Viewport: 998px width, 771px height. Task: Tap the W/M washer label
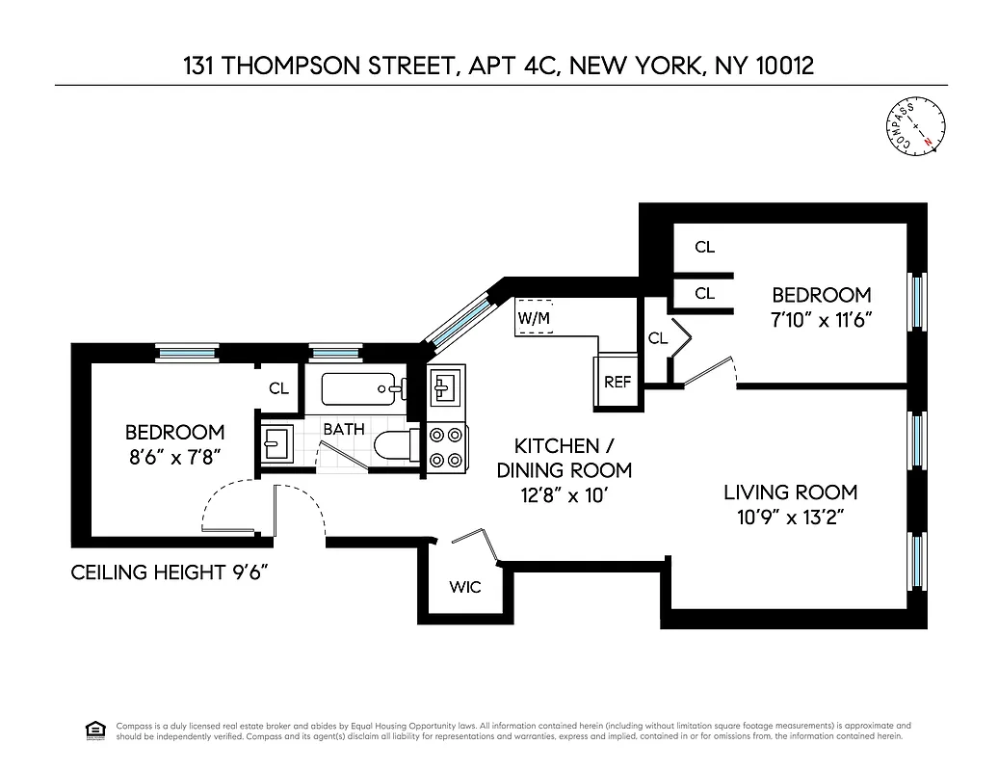pyautogui.click(x=533, y=318)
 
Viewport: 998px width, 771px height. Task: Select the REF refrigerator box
pyautogui.click(x=617, y=383)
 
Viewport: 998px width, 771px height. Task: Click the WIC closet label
pyautogui.click(x=464, y=586)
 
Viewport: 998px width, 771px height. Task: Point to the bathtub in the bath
pyautogui.click(x=361, y=389)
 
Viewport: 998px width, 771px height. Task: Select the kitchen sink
pyautogui.click(x=446, y=387)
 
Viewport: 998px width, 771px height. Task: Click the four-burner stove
pyautogui.click(x=446, y=448)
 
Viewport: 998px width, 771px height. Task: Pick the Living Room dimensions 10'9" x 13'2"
pyautogui.click(x=790, y=517)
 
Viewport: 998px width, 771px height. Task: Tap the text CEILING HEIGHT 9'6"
pyautogui.click(x=169, y=573)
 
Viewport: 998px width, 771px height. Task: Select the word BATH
pyautogui.click(x=344, y=429)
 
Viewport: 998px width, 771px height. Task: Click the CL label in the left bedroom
pyautogui.click(x=278, y=389)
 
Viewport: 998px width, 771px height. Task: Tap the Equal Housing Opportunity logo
pyautogui.click(x=95, y=730)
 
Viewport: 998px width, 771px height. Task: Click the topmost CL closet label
pyautogui.click(x=704, y=248)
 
